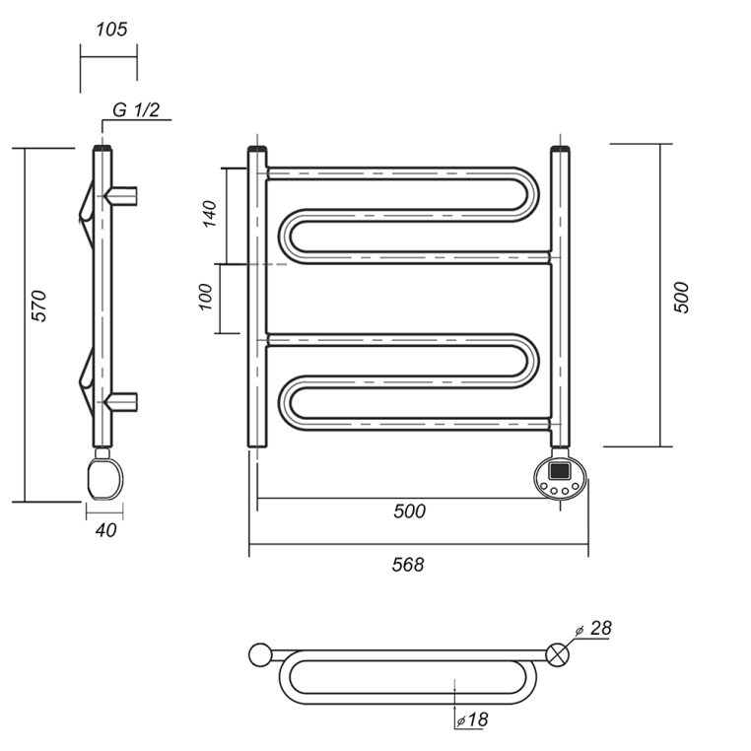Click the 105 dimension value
point(111,30)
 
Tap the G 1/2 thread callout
point(136,109)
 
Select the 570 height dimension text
point(38,306)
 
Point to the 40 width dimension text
point(105,530)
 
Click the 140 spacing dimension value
point(210,214)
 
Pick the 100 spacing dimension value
point(205,297)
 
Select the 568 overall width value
point(408,565)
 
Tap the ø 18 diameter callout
point(473,719)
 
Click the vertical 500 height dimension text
point(681,298)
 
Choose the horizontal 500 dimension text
point(410,512)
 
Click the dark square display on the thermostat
point(560,471)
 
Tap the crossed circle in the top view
point(558,654)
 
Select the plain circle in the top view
point(260,654)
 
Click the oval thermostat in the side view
point(104,478)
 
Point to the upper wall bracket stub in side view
point(122,196)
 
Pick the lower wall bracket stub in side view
point(122,402)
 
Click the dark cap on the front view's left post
point(257,149)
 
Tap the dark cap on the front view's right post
point(561,148)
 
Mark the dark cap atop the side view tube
point(102,148)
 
